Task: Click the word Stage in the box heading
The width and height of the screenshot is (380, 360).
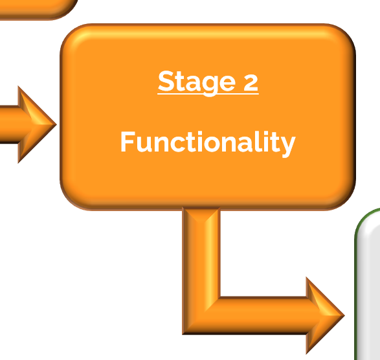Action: coord(197,82)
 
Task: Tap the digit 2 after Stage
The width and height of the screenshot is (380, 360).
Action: coord(251,83)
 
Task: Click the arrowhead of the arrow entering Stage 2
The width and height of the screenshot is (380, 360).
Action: coord(37,124)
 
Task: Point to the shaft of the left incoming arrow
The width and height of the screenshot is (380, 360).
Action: coord(9,124)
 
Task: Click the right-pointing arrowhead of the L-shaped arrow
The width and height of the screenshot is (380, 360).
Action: coord(325,315)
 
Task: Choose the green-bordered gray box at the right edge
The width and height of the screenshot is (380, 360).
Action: coord(368,284)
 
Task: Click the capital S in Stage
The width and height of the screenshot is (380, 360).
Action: coord(165,81)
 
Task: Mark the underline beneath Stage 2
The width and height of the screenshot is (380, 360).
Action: coord(208,93)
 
